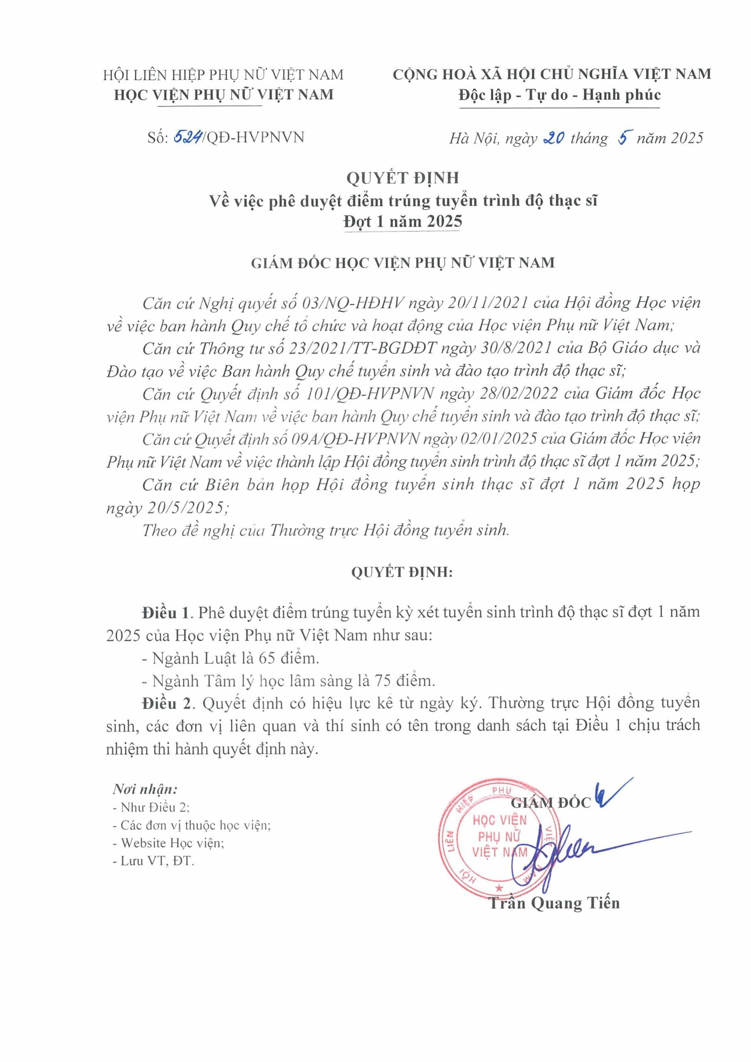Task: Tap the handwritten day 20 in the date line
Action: pyautogui.click(x=551, y=137)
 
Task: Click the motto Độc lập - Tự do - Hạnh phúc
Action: pyautogui.click(x=559, y=95)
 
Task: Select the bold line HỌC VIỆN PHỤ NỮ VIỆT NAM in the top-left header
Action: pyautogui.click(x=224, y=95)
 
